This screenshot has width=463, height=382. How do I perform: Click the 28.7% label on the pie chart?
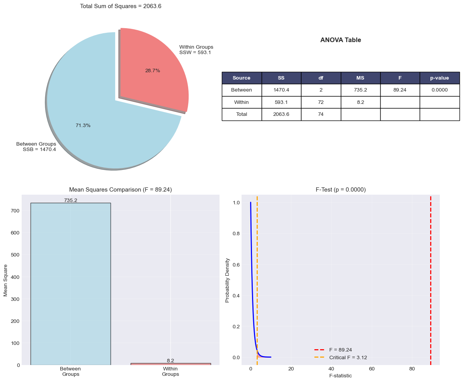point(152,71)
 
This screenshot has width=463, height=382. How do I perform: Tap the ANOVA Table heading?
point(340,40)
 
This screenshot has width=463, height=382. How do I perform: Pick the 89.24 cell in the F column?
point(400,90)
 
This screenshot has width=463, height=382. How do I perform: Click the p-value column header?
point(439,78)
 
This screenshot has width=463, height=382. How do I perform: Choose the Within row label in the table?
point(242,102)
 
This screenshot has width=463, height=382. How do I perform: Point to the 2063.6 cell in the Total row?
point(281,114)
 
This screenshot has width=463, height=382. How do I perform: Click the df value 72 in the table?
point(321,102)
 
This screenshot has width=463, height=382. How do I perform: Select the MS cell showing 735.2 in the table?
point(360,90)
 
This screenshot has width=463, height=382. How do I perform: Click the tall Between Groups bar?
point(70,284)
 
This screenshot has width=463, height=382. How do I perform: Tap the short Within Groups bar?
point(170,364)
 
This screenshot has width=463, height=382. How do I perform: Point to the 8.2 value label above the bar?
point(170,360)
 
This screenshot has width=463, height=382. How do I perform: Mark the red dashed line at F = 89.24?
point(430,278)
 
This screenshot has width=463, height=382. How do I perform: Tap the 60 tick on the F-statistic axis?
point(372,368)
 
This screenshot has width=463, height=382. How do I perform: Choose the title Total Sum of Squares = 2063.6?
point(121,6)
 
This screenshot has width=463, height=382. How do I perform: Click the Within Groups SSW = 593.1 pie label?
point(196,50)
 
